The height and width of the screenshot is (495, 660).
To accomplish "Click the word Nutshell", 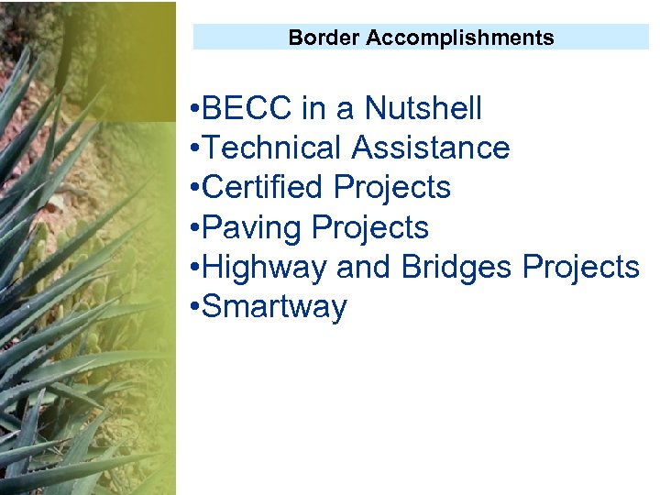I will tap(423, 109).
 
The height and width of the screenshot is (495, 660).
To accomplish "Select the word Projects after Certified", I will tap(392, 188).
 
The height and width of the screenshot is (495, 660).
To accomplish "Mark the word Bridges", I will tap(457, 267).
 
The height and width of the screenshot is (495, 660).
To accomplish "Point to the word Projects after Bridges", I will tap(581, 267).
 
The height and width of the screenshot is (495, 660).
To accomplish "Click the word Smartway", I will tap(274, 307).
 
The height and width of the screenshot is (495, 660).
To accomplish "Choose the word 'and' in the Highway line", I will tap(365, 267).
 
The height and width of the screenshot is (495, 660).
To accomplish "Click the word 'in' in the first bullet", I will tap(313, 109).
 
